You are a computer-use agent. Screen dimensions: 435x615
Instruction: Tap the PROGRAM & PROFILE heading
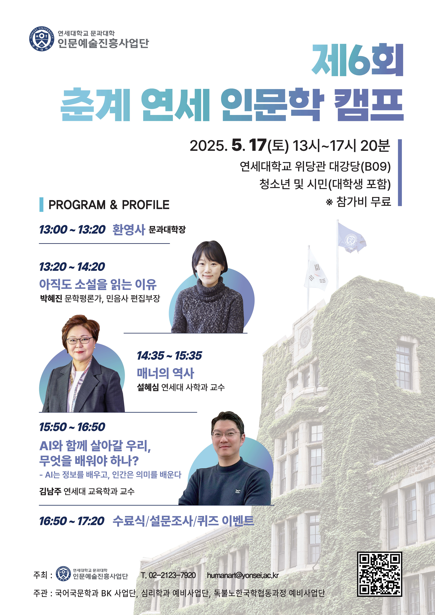[109, 205]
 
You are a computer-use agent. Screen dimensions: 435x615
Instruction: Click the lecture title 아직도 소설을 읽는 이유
[98, 284]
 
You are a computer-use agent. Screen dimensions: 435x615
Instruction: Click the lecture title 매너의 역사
[165, 373]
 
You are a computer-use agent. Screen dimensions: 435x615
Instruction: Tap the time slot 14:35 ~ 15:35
[169, 355]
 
